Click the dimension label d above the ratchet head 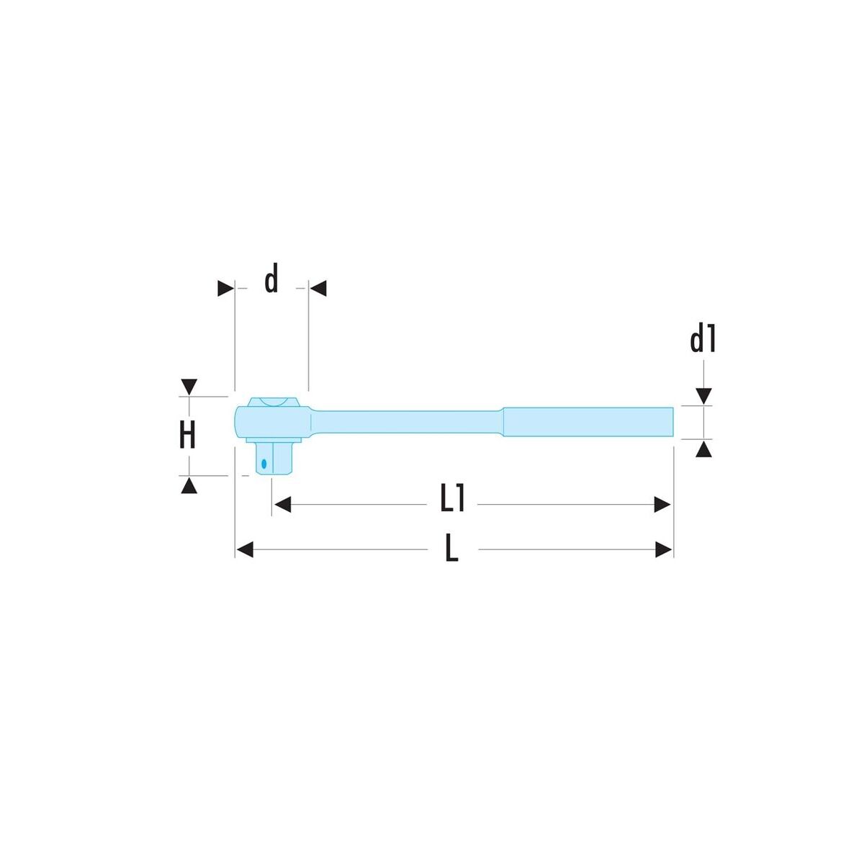tap(271, 279)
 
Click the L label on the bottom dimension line tap(451, 549)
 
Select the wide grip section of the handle tap(588, 421)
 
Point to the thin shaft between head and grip tap(406, 422)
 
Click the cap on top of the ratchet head tap(274, 402)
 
